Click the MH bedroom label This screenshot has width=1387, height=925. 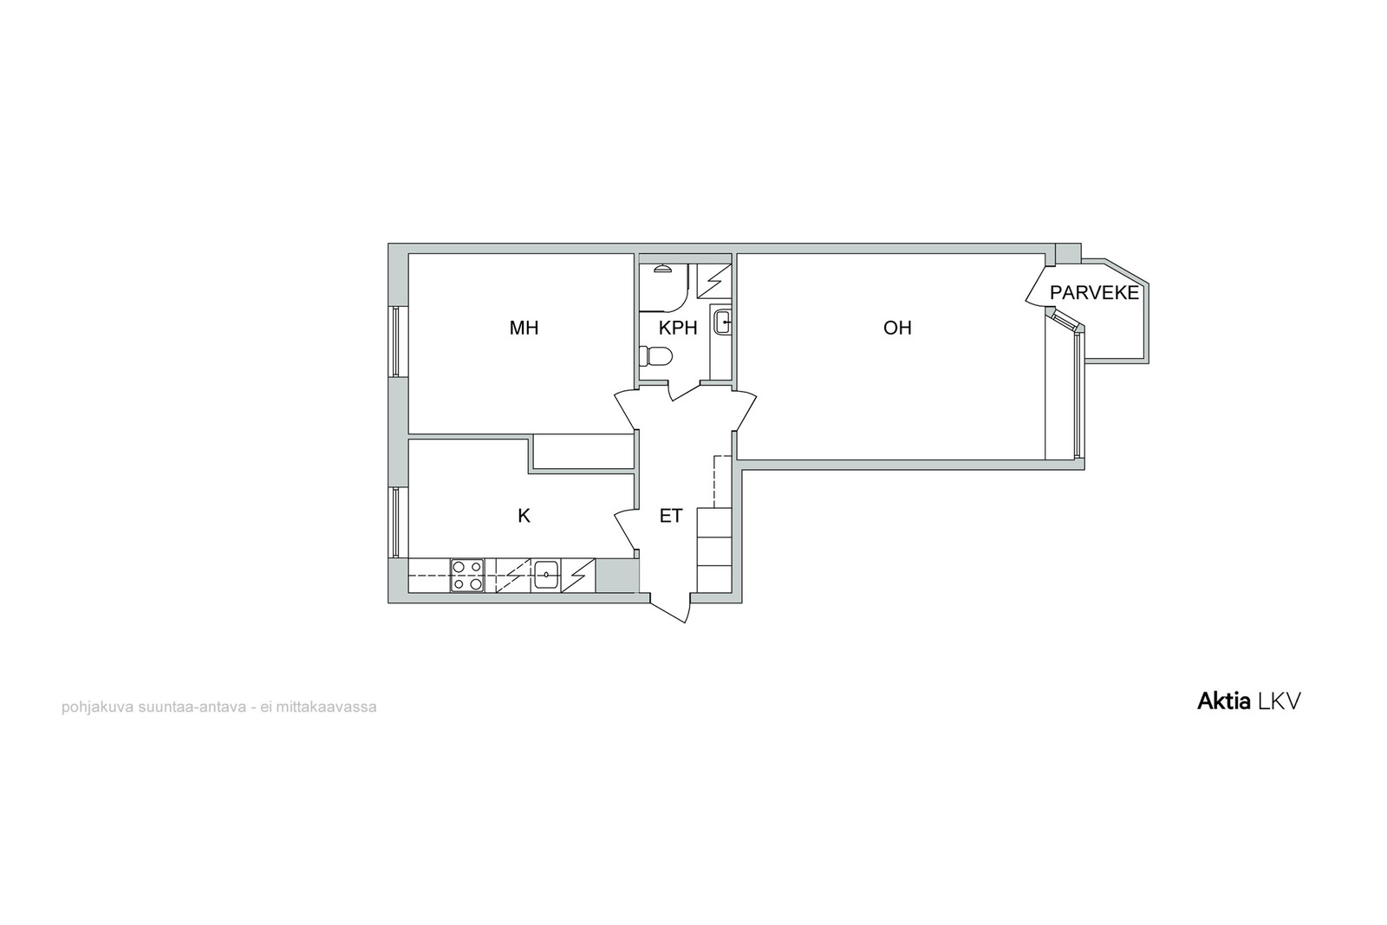[x=524, y=329]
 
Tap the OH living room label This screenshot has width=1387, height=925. [x=897, y=329]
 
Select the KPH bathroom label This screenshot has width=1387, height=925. [x=678, y=329]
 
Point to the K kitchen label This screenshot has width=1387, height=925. [x=524, y=516]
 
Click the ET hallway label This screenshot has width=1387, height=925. [x=671, y=516]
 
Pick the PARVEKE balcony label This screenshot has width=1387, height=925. [x=1094, y=293]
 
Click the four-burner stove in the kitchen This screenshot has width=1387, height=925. [x=467, y=576]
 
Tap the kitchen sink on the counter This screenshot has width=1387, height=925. [x=547, y=575]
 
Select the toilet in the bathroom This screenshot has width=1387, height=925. [x=655, y=356]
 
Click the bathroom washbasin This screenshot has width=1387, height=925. [x=721, y=322]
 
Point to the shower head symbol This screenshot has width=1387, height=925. [x=663, y=268]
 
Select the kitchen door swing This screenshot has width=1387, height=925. [x=625, y=531]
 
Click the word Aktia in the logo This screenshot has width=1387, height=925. [x=1223, y=701]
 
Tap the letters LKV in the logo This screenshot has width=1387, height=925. [x=1278, y=701]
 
